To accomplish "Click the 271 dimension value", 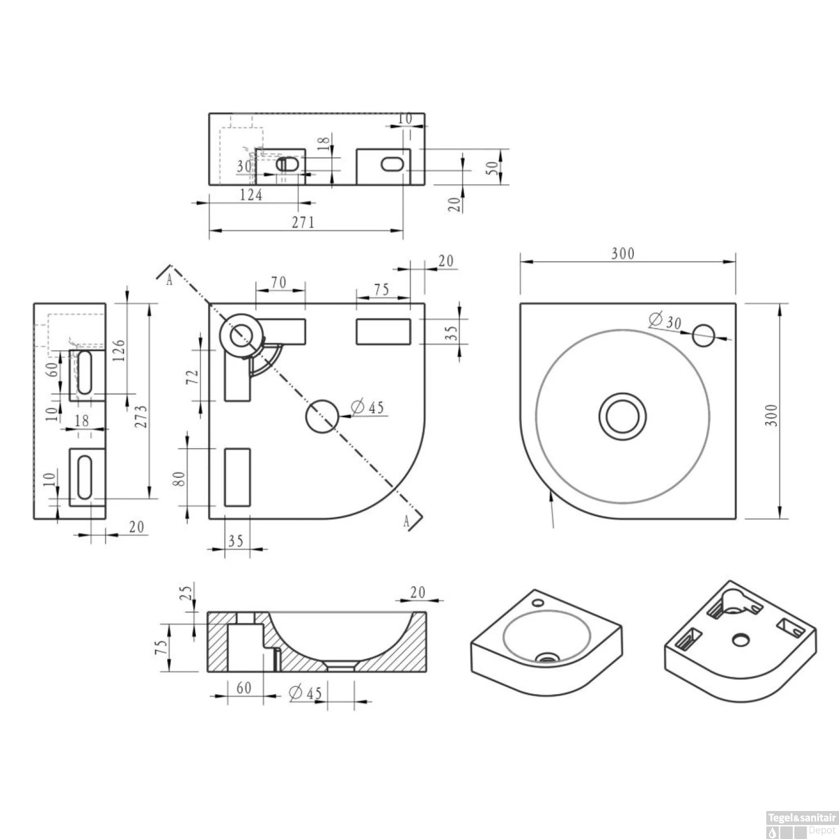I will pos(303,222).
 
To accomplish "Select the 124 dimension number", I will pos(251,195).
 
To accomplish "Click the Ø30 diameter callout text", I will pos(665,322).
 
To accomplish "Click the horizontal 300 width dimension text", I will pos(623,253).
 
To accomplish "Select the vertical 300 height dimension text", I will pos(771,415).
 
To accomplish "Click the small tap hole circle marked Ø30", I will pos(704,335).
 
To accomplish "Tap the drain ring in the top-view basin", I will pos(623,416).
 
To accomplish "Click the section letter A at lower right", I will pos(407,521).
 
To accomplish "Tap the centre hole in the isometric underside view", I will pos(741,639).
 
